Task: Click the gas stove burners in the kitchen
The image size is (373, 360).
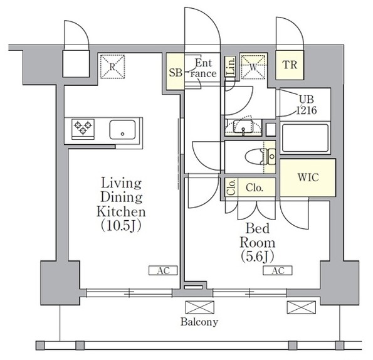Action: click(83, 129)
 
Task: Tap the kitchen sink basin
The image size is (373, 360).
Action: click(122, 130)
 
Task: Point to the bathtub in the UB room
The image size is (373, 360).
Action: click(305, 138)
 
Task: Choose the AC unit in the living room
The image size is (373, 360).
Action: click(163, 270)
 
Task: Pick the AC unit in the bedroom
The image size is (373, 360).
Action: click(278, 270)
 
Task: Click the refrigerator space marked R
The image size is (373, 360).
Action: click(112, 66)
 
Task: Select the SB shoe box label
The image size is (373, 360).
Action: click(176, 72)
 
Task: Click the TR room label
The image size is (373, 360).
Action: click(290, 65)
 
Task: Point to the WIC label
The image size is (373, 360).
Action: click(308, 177)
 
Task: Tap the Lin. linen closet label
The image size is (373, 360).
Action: click(230, 66)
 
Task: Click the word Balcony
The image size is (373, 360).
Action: click(199, 322)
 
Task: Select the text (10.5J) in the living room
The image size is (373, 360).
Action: click(121, 226)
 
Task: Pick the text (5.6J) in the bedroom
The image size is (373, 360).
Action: click(258, 257)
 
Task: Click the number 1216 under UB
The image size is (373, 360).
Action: click(307, 110)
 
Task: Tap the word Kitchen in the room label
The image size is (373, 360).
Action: click(121, 211)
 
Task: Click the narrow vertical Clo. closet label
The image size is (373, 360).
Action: click(231, 188)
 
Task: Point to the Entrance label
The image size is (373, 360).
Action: click(203, 68)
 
